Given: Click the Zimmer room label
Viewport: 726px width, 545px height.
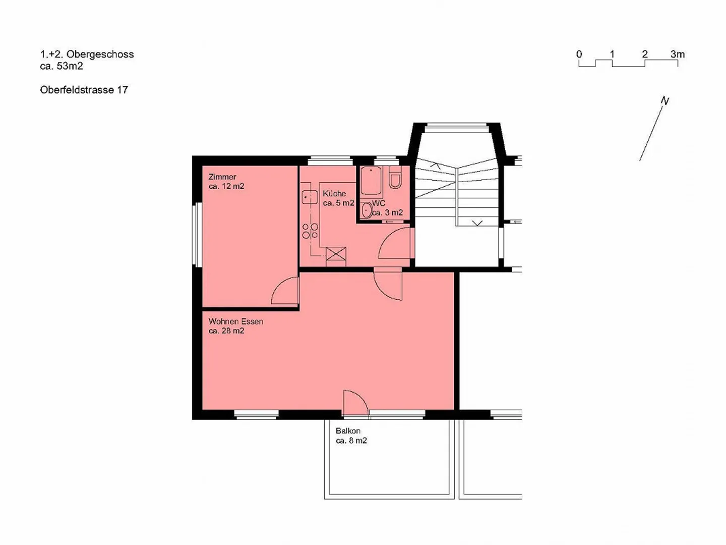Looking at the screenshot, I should click(x=222, y=177).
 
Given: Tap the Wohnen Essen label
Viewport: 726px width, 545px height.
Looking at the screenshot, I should click(x=235, y=321).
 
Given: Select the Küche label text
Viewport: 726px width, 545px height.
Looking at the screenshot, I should click(x=334, y=194).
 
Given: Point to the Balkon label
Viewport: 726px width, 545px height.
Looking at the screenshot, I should click(x=348, y=431).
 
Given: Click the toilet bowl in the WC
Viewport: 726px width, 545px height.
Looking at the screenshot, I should click(x=395, y=179).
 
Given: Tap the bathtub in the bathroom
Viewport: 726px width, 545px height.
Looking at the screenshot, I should click(x=371, y=181).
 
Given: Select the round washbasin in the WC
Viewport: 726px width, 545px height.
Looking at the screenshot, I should click(x=367, y=210).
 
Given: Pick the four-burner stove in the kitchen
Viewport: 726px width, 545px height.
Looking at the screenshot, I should click(x=310, y=231).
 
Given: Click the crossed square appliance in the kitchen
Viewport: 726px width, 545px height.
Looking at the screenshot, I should click(x=336, y=254).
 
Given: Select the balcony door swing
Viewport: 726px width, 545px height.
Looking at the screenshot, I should click(x=355, y=403).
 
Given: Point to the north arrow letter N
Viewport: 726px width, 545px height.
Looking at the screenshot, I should click(x=665, y=101).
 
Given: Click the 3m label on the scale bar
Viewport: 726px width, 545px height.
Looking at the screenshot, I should click(x=677, y=54).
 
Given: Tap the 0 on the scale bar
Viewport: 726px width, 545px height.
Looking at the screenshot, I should click(x=579, y=54).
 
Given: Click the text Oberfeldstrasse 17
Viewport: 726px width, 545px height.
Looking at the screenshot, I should click(x=84, y=90).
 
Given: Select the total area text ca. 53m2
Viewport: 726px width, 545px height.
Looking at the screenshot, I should click(x=62, y=66).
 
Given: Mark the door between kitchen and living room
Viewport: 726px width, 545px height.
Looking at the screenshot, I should click(x=388, y=286).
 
